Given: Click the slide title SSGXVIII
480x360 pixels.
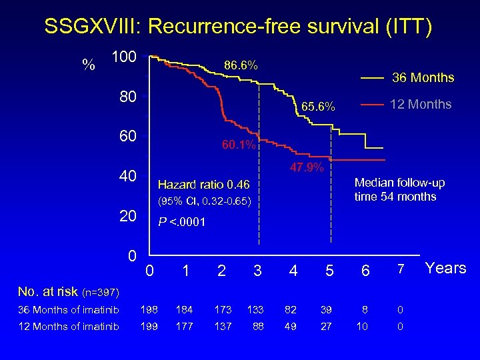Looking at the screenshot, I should point(238,27).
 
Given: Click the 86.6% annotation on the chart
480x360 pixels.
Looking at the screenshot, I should point(241,65).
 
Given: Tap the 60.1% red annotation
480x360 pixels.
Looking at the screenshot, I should point(239,145).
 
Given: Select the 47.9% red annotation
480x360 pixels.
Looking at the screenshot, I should point(306,167).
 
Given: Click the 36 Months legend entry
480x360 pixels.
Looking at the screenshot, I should point(422,78).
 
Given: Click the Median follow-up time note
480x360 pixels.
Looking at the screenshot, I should point(399,189).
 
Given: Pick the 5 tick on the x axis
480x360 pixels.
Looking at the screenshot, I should point(329,271).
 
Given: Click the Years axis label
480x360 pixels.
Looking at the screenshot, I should point(446,268).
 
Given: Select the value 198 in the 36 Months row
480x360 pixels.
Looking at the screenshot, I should point(150,310).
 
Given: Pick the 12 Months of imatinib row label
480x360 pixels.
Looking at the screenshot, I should point(69,326).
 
